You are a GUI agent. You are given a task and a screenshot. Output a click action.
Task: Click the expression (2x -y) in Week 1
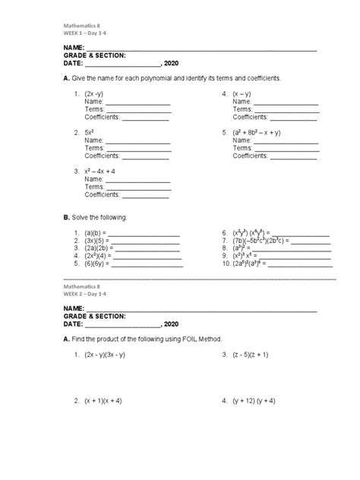click(x=95, y=94)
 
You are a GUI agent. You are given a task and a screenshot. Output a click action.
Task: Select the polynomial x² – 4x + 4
click(x=102, y=171)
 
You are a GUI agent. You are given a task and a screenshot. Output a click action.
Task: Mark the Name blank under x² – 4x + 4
click(x=137, y=179)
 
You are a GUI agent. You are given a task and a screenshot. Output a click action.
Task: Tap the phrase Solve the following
click(x=99, y=218)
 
